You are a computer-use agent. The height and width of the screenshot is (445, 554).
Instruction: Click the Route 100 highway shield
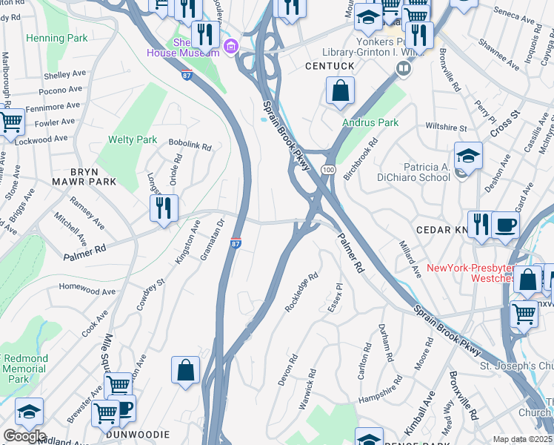(x=326, y=170)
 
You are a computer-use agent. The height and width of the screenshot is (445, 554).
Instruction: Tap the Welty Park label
(x=133, y=139)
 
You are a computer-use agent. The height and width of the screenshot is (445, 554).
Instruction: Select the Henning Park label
(x=56, y=38)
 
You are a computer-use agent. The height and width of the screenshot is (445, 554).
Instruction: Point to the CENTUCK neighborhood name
(x=329, y=66)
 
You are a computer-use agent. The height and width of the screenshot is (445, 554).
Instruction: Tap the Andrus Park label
(x=370, y=122)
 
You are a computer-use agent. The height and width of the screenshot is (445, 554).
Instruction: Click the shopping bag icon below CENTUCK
(x=340, y=92)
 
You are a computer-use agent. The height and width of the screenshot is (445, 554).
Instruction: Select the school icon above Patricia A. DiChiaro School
(x=468, y=156)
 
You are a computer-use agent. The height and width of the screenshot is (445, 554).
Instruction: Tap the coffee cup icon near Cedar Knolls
(x=505, y=225)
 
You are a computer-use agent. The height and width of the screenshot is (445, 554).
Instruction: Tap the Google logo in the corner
(x=24, y=435)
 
